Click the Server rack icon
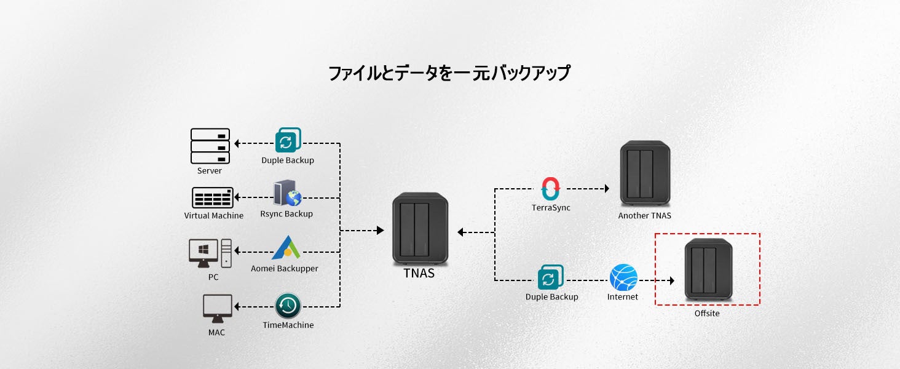click(210, 146)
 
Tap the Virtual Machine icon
click(213, 198)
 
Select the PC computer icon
click(210, 253)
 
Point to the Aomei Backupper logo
click(286, 248)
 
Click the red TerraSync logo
click(550, 189)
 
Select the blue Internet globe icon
click(623, 278)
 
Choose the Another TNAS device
click(645, 173)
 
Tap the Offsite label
click(707, 314)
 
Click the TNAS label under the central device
click(419, 273)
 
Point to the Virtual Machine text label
click(214, 216)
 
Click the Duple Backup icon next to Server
click(288, 141)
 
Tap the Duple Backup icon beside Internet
click(551, 278)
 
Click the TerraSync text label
click(551, 208)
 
